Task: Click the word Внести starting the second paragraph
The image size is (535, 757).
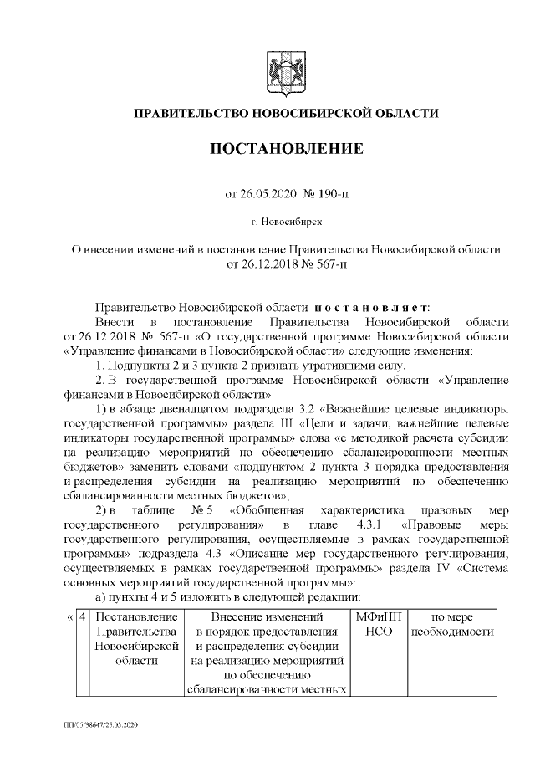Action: coord(113,322)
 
